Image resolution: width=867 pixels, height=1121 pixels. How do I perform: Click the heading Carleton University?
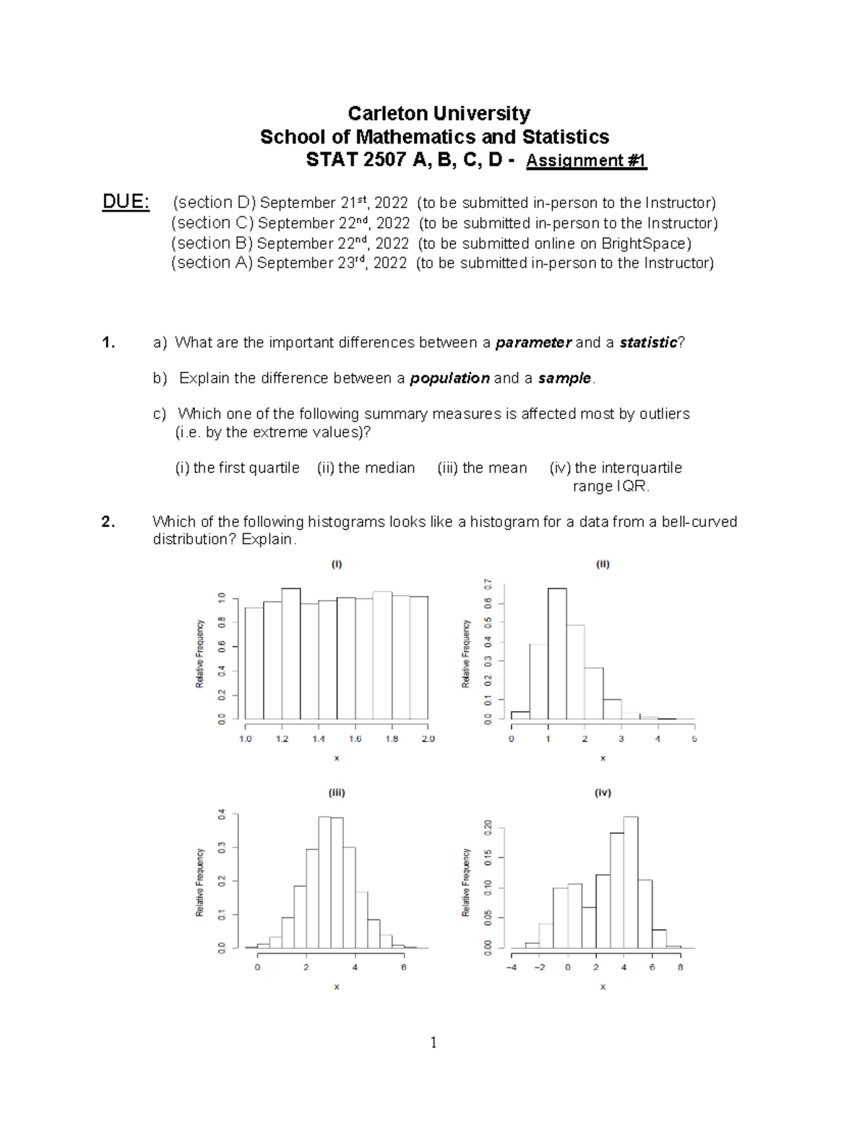click(439, 113)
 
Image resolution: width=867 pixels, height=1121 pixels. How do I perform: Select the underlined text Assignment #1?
click(586, 160)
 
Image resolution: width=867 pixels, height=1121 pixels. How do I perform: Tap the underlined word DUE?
click(126, 202)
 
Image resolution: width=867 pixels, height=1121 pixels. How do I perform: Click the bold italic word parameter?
click(533, 342)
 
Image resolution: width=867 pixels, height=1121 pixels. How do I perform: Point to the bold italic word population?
click(449, 378)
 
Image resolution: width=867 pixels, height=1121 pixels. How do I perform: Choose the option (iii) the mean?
click(482, 468)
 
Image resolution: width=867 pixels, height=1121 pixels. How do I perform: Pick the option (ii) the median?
click(366, 468)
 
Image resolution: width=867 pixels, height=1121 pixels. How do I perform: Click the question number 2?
click(108, 522)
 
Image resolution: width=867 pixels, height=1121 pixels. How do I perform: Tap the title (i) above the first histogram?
click(337, 564)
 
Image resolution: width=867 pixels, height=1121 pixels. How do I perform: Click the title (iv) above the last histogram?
click(603, 793)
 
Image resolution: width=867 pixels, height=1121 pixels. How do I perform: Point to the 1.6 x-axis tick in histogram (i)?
click(355, 739)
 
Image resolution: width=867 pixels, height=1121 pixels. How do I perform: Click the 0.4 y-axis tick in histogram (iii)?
click(222, 814)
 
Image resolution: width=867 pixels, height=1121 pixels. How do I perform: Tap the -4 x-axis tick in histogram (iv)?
click(512, 967)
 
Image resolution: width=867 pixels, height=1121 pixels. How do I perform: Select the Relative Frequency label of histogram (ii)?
click(467, 653)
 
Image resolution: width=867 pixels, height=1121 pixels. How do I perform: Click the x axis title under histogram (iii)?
click(337, 987)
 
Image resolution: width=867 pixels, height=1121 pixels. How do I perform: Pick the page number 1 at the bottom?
click(433, 1042)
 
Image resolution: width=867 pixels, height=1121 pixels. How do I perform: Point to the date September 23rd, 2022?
click(332, 263)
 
